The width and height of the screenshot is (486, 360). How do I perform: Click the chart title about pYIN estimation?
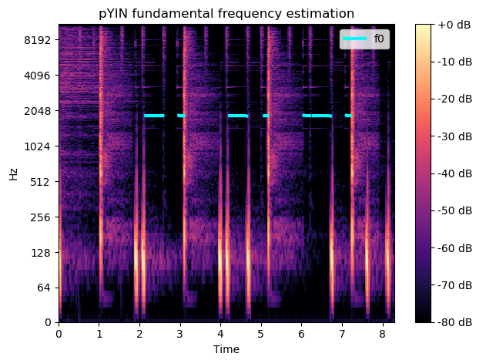tap(226, 13)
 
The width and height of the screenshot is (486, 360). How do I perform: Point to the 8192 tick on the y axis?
tap(38, 40)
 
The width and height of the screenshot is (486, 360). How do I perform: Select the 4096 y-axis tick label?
tap(38, 76)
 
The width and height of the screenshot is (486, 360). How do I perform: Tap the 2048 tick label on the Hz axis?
tap(38, 111)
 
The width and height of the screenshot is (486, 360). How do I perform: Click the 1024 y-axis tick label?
tap(38, 146)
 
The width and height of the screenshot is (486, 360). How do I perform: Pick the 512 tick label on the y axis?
tap(40, 182)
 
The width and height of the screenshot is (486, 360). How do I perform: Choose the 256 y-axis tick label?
tap(40, 217)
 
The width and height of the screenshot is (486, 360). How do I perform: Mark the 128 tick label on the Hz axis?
tap(40, 253)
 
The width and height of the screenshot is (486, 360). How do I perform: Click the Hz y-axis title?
tap(13, 173)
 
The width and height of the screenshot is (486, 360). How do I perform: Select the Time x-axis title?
tap(226, 349)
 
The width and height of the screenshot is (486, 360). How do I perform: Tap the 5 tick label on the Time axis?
tap(261, 335)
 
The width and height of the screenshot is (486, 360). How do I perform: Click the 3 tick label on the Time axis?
tap(180, 335)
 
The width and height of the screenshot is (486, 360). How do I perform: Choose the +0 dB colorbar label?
tap(455, 25)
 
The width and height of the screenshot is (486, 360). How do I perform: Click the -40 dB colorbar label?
tap(455, 173)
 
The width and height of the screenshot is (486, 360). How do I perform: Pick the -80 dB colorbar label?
tap(455, 322)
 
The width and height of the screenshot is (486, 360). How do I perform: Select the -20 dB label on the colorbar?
tap(455, 99)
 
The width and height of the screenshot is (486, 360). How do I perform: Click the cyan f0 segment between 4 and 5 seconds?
tap(237, 116)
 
